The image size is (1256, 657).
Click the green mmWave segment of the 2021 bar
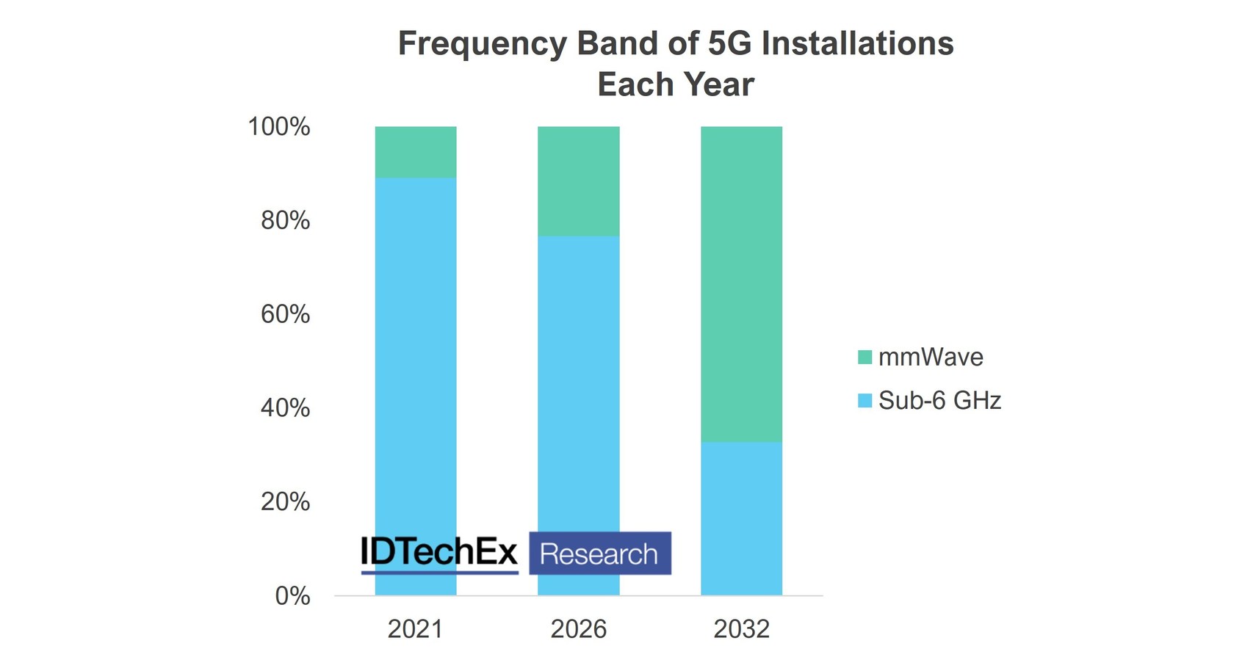(416, 152)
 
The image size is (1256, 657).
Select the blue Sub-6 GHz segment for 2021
(416, 352)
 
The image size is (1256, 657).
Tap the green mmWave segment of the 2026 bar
(579, 181)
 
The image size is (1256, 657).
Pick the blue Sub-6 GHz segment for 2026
(579, 382)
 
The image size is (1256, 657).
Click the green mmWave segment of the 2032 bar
(741, 283)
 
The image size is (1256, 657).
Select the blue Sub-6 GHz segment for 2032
(741, 518)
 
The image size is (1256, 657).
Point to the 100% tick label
(279, 126)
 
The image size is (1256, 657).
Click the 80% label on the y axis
(286, 220)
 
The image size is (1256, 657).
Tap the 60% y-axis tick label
(286, 314)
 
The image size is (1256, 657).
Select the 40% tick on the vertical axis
(286, 408)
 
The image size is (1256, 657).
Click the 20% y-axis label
(286, 502)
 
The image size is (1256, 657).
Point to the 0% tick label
(292, 596)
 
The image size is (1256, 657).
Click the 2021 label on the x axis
(416, 629)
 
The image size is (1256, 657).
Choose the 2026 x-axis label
(579, 629)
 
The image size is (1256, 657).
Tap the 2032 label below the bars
(741, 629)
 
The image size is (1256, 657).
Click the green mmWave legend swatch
(865, 357)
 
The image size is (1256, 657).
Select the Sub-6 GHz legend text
(939, 400)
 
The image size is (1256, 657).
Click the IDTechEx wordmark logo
(439, 553)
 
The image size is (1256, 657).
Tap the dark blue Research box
(599, 553)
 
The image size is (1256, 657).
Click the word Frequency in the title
(483, 43)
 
